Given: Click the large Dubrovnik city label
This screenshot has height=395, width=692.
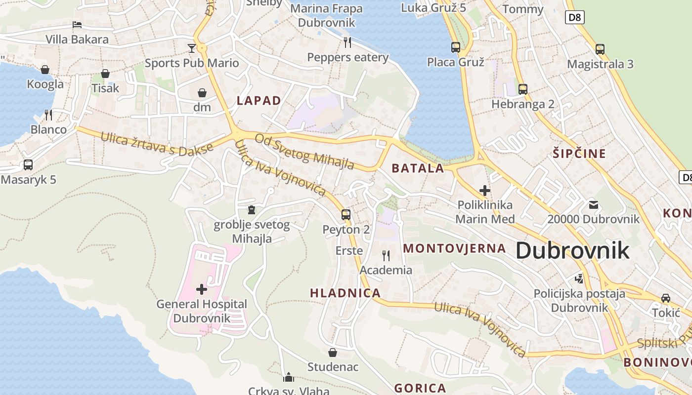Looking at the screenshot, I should [572, 251].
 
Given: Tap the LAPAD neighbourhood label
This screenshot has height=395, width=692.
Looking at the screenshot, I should [259, 101].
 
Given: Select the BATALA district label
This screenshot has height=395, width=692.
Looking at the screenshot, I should [418, 168].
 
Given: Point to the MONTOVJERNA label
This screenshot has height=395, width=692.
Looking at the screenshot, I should [454, 248].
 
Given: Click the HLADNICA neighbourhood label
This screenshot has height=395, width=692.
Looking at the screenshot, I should [345, 293].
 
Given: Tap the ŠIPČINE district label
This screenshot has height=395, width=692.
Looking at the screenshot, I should [579, 154].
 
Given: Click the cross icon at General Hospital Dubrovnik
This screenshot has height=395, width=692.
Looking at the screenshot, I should [202, 289].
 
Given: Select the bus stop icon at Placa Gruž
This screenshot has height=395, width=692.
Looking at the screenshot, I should [456, 47].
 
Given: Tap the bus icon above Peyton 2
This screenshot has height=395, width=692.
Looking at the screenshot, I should [346, 214].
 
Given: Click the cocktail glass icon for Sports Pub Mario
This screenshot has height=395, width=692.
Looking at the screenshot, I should [192, 48].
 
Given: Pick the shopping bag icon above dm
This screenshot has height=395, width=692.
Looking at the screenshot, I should [202, 93].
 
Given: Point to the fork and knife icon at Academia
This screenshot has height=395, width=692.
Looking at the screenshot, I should [386, 255].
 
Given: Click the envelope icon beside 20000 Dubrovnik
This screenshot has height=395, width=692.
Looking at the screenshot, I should [593, 204].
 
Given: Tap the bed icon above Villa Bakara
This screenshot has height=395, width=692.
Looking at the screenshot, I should [77, 24].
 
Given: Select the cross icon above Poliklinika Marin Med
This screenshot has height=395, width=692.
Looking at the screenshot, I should [485, 190].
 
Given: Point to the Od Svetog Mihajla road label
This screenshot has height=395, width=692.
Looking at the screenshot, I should [304, 151].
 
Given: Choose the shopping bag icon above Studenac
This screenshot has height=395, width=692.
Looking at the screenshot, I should [333, 353].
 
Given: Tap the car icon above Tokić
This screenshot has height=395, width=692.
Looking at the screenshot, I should [666, 298].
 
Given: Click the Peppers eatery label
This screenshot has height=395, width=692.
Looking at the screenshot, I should [348, 57].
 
